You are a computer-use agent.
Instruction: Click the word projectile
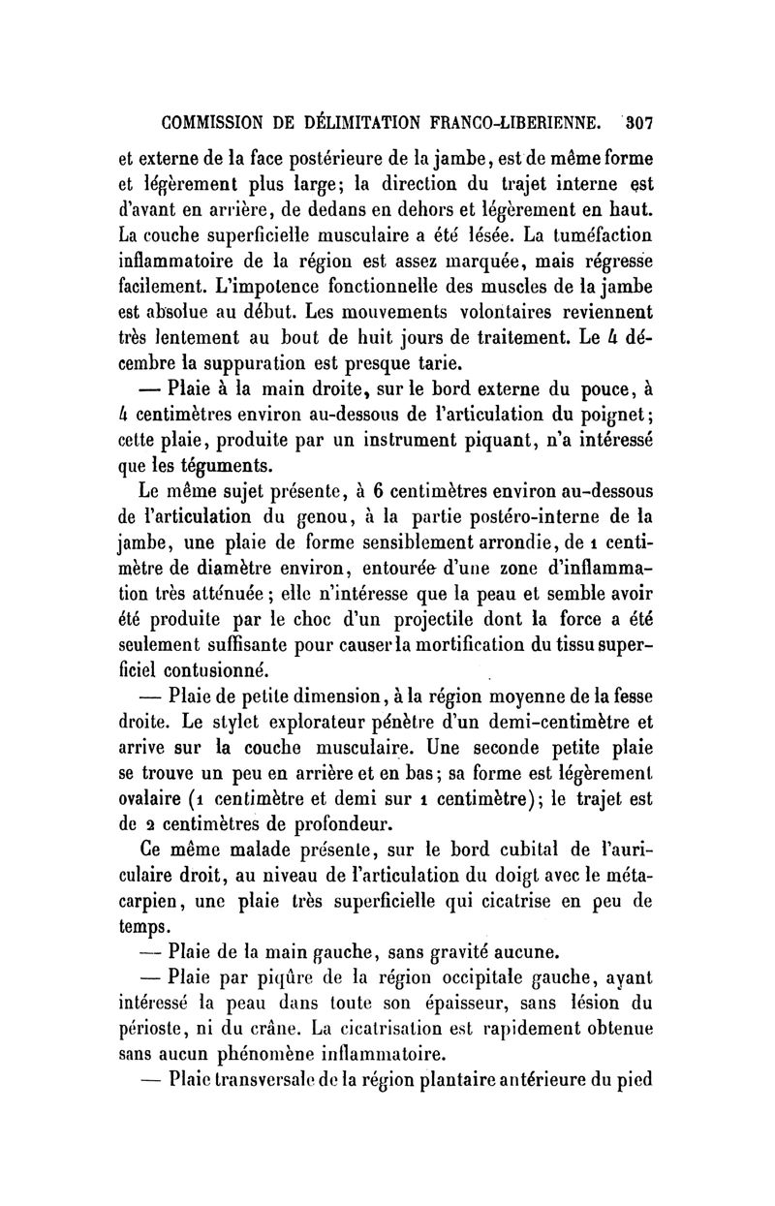(468, 619)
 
